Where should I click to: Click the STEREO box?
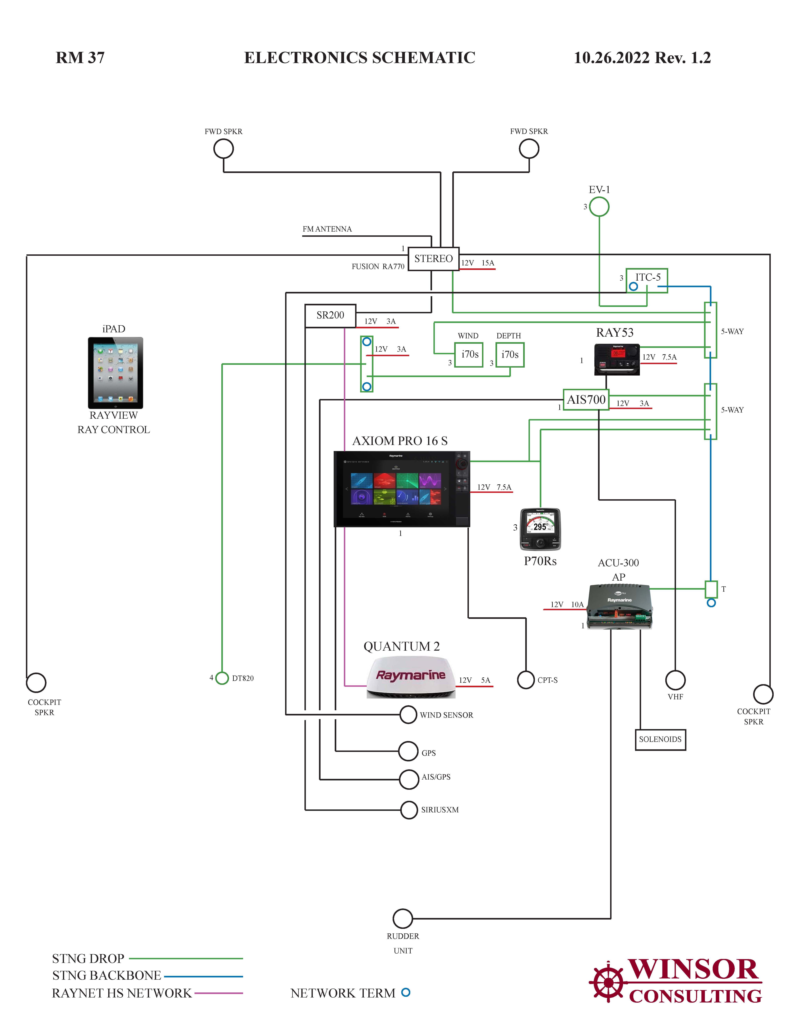click(x=433, y=259)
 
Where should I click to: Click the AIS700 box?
click(x=586, y=400)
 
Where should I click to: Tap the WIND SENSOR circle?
click(x=408, y=714)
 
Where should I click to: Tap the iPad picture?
click(x=115, y=373)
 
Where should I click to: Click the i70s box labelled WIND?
click(x=469, y=355)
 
